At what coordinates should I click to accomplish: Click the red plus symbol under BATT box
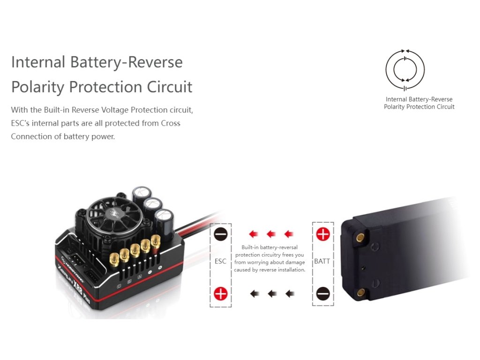click(323, 233)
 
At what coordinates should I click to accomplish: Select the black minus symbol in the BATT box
click(323, 294)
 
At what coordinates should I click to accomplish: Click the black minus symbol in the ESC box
click(220, 233)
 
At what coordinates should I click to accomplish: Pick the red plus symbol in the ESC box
click(220, 294)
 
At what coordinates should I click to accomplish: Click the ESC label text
click(220, 261)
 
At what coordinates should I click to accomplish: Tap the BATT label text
click(322, 261)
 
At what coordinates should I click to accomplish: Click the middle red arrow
click(271, 233)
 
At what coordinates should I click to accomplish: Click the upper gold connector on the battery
click(361, 238)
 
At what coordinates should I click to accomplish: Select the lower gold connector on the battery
click(361, 293)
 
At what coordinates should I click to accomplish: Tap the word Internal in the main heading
click(37, 62)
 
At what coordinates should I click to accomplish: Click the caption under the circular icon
click(419, 103)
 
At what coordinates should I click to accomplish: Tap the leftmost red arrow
click(254, 233)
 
